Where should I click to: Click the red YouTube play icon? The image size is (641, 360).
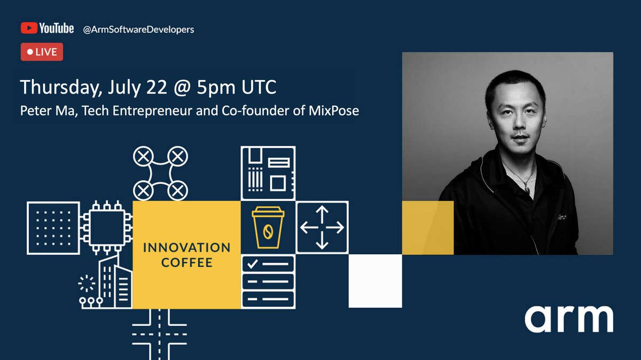tap(28, 28)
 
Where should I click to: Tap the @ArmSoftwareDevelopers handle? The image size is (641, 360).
tap(138, 29)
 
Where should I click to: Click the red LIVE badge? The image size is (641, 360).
tap(42, 52)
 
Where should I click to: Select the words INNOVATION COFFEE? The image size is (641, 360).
tap(186, 255)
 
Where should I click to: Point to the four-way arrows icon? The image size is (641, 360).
tap(322, 227)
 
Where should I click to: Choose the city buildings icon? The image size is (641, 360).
tap(107, 283)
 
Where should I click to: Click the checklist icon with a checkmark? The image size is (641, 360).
tap(268, 281)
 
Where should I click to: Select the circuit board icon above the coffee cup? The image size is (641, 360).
tap(268, 173)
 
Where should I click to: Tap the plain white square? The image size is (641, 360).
tap(375, 281)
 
